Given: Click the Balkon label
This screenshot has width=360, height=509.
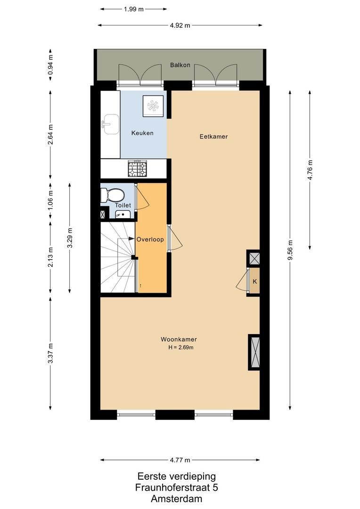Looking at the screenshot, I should tap(180, 65).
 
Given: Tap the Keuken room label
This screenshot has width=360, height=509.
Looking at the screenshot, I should tap(142, 133).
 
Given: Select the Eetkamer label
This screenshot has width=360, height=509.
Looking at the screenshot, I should tap(213, 137).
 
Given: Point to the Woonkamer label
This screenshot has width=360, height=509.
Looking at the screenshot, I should tap(179, 339).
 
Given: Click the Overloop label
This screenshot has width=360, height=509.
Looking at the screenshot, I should tap(150, 239).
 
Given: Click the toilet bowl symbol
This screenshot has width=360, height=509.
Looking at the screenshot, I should tap(114, 195).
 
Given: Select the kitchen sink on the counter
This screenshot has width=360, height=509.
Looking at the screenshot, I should tap(110, 124).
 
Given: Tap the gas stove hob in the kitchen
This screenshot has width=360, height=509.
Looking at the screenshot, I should tap(137, 168).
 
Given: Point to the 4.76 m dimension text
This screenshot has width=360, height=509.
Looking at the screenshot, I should tap(310, 170).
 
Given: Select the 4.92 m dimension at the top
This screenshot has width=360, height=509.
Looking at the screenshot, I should tap(180, 26).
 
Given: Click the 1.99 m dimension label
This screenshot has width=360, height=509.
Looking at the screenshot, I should tap(134, 9).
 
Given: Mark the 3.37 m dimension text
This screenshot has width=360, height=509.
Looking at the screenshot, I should tap(51, 353).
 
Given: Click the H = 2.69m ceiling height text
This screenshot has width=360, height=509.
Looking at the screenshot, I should tap(181, 348).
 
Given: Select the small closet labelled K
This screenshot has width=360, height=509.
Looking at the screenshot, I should tap(254, 282).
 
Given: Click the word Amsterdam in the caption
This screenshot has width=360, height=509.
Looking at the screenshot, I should tap(177, 498).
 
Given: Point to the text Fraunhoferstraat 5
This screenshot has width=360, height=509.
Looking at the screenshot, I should tap(177, 487).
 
